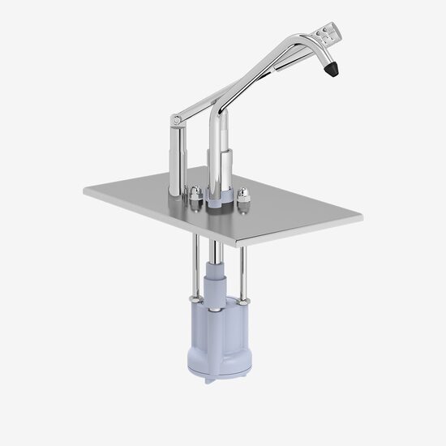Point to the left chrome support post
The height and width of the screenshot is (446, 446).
point(175,162)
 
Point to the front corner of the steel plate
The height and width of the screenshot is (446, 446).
point(237,242)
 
